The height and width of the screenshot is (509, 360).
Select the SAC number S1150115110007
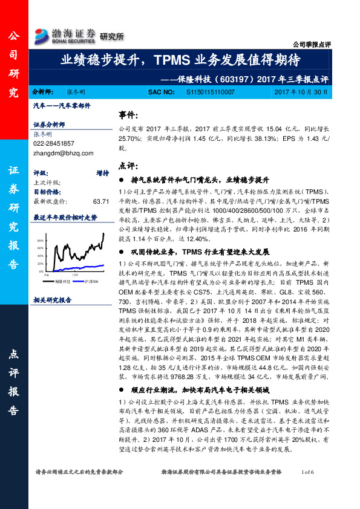[x=204, y=92]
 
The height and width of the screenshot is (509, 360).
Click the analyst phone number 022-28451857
[x=54, y=143]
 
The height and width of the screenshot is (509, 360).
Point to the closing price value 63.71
[x=100, y=201]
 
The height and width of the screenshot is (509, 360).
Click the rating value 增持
[x=102, y=172]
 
